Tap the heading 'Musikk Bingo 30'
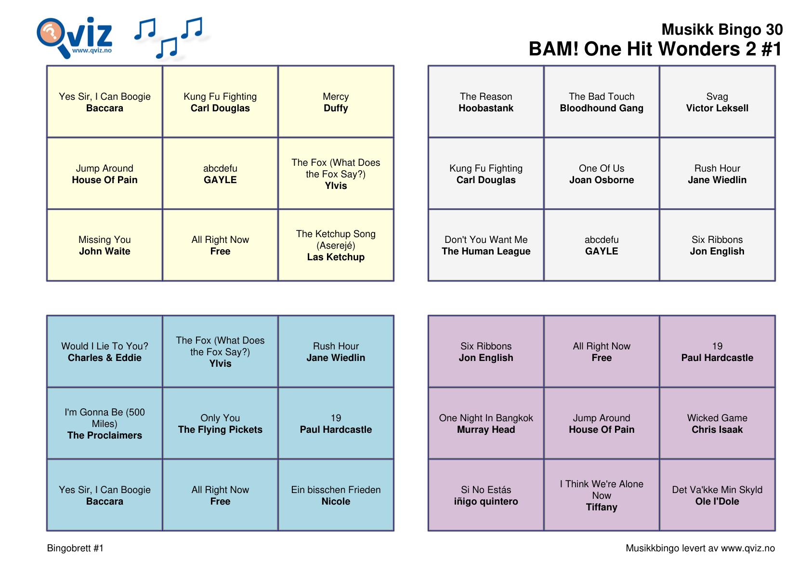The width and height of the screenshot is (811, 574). [721, 30]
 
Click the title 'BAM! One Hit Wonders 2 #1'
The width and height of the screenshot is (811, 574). [655, 49]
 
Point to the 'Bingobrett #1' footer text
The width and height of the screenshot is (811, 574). [75, 548]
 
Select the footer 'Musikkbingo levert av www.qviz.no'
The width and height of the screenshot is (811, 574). [700, 548]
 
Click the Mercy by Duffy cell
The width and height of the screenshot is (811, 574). [336, 102]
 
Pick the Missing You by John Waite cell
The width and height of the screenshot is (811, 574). [105, 245]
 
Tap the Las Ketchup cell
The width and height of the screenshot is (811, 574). [336, 245]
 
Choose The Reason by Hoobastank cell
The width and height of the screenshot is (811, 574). [486, 102]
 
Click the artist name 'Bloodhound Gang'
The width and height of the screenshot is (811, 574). [602, 108]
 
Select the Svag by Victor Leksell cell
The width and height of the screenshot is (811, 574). [717, 102]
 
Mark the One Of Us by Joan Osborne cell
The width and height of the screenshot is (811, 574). [602, 174]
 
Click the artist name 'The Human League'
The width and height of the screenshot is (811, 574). [486, 252]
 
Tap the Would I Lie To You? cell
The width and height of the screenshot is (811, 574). [105, 352]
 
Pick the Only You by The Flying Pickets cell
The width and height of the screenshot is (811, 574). [220, 424]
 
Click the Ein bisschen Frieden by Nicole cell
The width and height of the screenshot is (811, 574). [336, 495]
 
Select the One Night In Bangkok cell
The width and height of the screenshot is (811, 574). [486, 424]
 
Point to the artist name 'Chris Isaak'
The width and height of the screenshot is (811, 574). [717, 430]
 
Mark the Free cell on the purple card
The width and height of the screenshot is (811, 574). [602, 352]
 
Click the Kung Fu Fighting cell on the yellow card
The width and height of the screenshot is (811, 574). [220, 102]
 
